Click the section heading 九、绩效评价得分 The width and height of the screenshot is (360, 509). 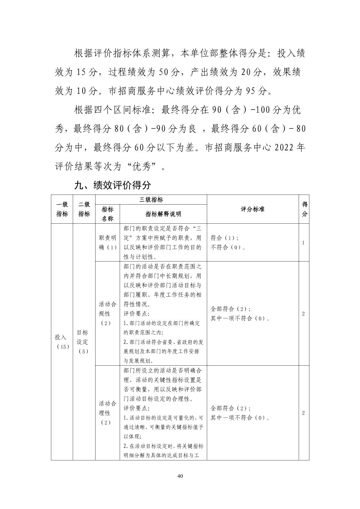113,185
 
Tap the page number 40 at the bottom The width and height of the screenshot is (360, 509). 180,476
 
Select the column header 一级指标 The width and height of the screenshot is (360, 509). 62,209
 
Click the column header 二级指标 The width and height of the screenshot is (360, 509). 84,209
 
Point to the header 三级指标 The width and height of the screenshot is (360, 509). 151,200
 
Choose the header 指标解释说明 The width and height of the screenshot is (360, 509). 163,214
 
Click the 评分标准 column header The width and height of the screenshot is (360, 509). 252,209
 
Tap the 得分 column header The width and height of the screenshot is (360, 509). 304,209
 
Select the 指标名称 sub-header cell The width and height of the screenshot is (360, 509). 107,214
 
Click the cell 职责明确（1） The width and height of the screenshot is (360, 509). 107,242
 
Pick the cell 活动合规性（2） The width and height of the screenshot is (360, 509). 107,313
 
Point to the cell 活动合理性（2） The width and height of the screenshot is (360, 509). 107,413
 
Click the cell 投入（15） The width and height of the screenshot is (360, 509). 62,342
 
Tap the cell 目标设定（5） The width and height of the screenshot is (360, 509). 84,342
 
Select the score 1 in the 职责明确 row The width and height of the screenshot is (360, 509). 304,242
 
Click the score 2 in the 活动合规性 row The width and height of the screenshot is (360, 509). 304,314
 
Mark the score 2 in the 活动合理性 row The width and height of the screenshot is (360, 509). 304,413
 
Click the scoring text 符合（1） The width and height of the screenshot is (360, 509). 225,238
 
